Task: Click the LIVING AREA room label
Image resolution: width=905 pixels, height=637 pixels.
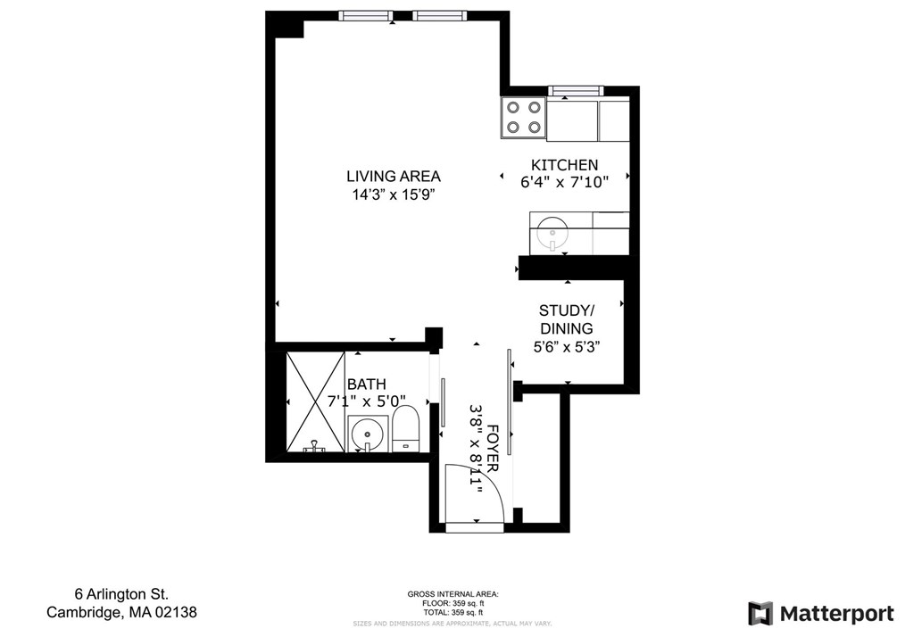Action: coord(393,176)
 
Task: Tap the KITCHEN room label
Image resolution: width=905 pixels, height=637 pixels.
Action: coord(564,165)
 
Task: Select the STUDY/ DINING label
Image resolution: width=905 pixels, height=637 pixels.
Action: coord(566,319)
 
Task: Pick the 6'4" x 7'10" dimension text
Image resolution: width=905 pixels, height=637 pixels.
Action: coord(564,182)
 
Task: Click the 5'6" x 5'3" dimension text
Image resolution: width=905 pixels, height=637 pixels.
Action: coord(566,346)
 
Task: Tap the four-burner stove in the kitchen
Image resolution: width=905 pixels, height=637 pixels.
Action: coord(524,117)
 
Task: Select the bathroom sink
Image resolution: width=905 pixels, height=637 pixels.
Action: coord(365,435)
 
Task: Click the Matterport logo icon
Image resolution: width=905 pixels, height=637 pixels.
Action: coord(760,614)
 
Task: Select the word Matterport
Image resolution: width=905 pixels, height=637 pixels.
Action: coord(836,614)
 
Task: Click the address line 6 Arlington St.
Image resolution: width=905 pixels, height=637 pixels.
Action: coord(120,594)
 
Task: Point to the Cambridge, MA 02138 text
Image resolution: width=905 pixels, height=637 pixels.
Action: coord(121,613)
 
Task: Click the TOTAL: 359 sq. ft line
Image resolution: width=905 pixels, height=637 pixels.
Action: coord(452,613)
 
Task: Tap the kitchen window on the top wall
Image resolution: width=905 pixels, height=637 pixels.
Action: coord(576,90)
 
